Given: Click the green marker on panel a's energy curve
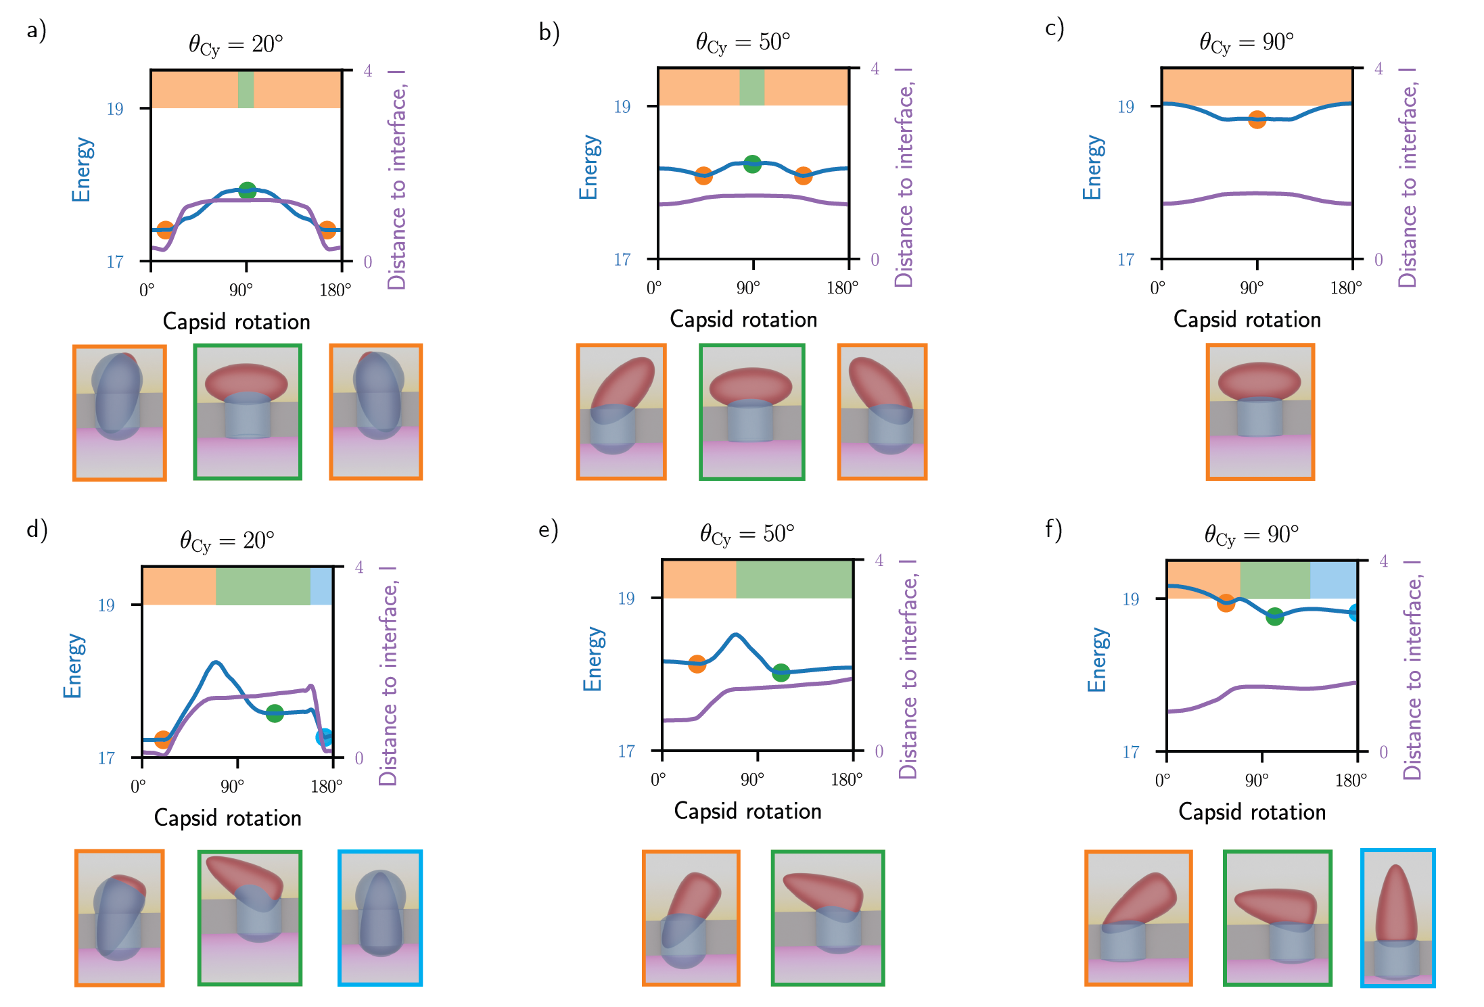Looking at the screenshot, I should (x=248, y=191).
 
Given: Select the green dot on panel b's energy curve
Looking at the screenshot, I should (x=752, y=164).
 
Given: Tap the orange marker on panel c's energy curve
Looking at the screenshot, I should (x=1257, y=120).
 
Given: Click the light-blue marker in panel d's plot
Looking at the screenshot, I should (x=325, y=737).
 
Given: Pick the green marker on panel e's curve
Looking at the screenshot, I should (x=781, y=672).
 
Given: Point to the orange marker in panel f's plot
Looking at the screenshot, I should (x=1226, y=603).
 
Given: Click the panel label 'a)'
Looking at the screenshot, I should (x=37, y=30).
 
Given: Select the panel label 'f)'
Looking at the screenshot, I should (x=1054, y=529).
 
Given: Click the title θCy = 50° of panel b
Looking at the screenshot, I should (x=743, y=43).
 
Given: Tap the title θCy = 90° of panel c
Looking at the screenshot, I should (x=1246, y=43).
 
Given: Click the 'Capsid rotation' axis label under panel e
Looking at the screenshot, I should (x=747, y=811).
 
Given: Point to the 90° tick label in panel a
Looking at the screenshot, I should (x=241, y=290).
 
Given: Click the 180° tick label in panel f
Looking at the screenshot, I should (x=1351, y=780).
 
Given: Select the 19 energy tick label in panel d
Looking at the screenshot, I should (x=106, y=605).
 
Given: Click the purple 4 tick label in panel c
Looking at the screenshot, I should (x=1378, y=68).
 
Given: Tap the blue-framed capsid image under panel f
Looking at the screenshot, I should (x=1398, y=918).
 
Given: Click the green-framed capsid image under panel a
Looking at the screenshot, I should (x=248, y=412).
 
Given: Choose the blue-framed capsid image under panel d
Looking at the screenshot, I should (x=380, y=918).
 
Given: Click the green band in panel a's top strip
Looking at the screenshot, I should (x=246, y=89).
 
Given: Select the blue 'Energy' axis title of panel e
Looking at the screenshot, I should (x=593, y=659).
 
